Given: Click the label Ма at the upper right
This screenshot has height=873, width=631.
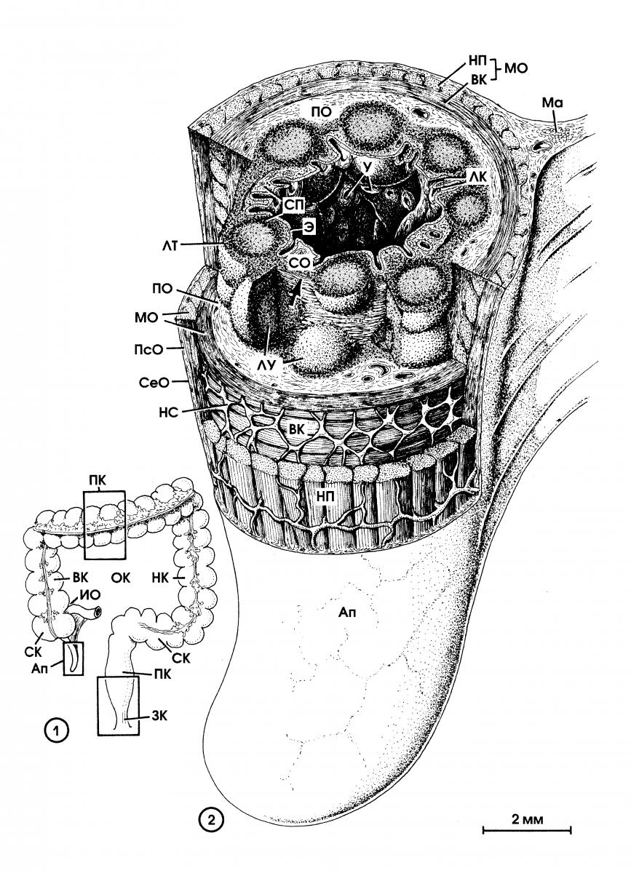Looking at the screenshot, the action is [552, 103].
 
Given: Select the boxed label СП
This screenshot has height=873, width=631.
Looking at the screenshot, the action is [293, 205].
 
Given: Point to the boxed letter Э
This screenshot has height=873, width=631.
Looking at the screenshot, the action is [308, 229].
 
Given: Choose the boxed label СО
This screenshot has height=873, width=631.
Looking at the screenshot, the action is [300, 263].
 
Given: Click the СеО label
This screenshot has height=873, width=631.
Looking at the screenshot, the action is [154, 383].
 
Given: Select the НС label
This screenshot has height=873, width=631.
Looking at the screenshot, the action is [169, 411].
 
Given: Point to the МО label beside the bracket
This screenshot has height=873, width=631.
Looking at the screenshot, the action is [516, 68].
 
